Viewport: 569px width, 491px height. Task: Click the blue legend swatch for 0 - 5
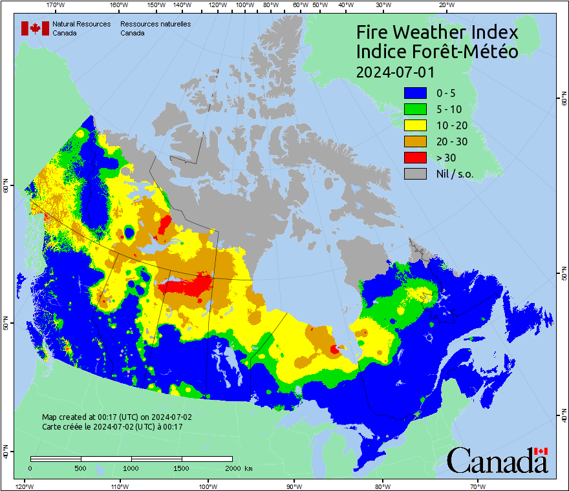click(415, 94)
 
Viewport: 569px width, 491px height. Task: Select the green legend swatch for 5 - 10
click(415, 110)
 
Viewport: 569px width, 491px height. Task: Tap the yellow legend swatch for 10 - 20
click(415, 125)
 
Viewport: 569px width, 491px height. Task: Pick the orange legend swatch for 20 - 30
click(415, 141)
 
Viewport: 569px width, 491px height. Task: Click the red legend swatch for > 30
click(415, 158)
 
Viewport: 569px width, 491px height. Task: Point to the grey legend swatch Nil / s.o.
click(415, 173)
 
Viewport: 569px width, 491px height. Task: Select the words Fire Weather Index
click(437, 32)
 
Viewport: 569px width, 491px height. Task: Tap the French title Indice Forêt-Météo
click(437, 52)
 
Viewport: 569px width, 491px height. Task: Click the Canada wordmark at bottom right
click(497, 461)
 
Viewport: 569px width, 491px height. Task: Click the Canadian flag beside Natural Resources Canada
click(35, 28)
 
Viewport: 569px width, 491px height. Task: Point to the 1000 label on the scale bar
click(131, 468)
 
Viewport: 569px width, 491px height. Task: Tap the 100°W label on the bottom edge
click(208, 485)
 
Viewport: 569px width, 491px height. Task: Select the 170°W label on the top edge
click(56, 5)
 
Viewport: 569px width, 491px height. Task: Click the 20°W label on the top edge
click(446, 5)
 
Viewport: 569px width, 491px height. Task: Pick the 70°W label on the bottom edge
click(478, 485)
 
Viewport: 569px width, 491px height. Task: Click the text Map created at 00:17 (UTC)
click(116, 417)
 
